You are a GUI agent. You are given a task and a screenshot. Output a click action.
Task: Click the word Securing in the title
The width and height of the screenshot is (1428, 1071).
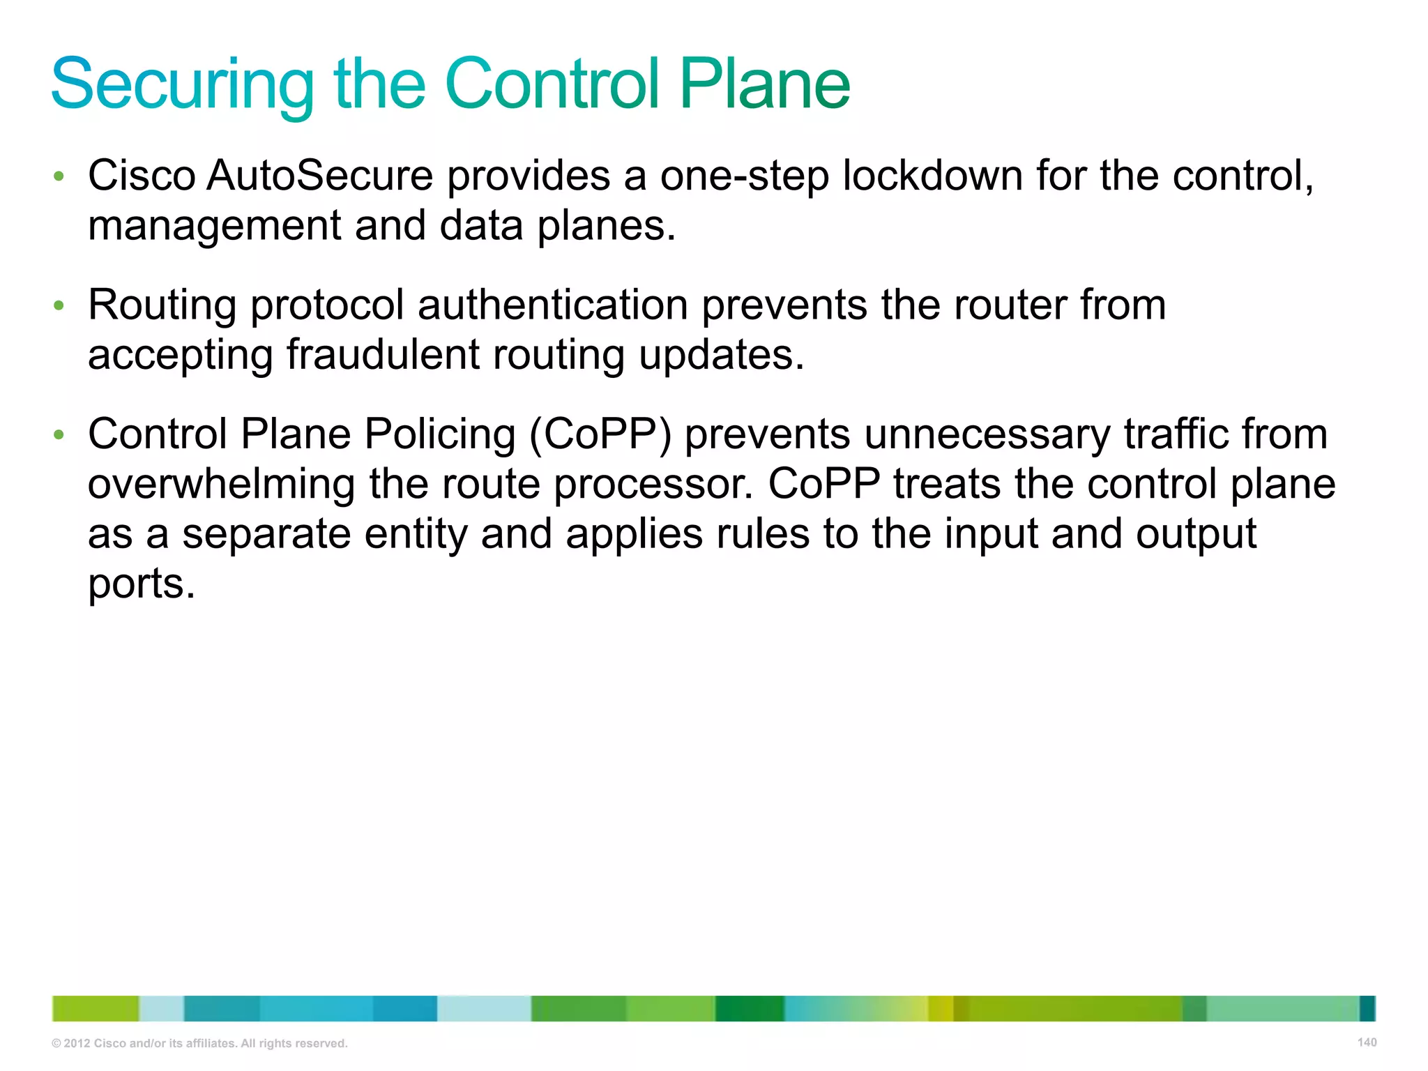(183, 85)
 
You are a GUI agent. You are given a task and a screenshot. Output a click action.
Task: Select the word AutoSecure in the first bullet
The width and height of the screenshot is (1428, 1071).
(320, 175)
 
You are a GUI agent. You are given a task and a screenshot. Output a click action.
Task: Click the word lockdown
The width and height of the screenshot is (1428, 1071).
(932, 175)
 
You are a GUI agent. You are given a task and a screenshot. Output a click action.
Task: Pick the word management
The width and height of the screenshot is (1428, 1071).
(214, 227)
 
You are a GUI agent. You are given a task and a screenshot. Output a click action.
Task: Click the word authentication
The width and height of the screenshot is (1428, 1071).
(553, 305)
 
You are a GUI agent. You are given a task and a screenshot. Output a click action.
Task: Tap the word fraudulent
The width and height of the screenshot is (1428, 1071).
(382, 355)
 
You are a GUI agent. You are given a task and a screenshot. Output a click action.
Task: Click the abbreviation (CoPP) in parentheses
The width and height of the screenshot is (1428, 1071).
(600, 434)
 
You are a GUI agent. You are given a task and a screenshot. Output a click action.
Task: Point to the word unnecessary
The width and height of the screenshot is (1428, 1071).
(986, 434)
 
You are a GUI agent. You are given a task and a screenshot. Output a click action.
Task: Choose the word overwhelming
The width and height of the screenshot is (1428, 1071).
(221, 485)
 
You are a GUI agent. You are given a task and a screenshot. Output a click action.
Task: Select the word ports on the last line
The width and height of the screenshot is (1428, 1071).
(141, 584)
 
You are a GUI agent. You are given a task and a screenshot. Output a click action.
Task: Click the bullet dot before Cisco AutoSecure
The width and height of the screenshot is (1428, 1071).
(59, 176)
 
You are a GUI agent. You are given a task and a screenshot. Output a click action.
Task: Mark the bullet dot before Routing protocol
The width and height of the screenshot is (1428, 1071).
(59, 305)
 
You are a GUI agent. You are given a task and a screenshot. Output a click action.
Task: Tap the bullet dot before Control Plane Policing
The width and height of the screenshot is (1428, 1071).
(59, 435)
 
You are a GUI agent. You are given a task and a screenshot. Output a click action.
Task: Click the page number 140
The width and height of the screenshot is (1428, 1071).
(1367, 1042)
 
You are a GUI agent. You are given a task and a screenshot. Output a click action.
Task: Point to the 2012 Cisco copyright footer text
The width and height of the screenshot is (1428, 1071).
(199, 1043)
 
